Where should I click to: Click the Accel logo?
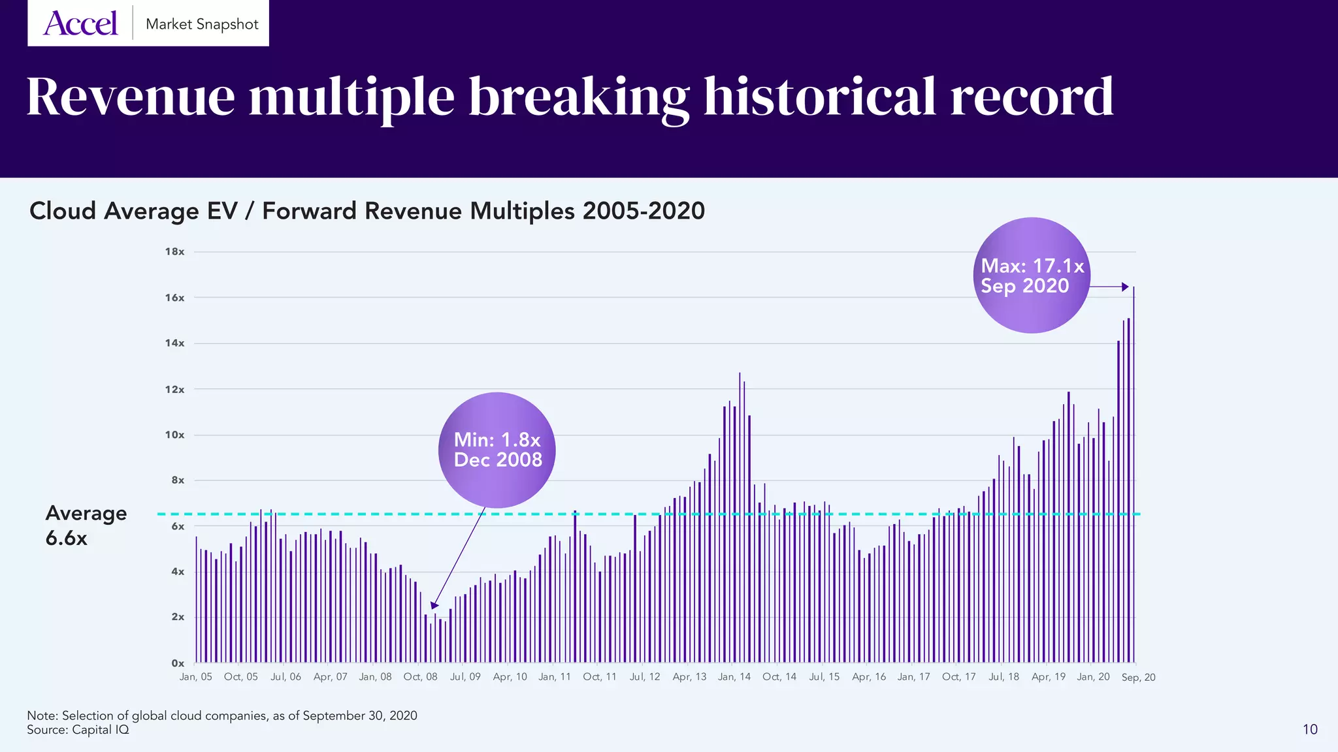tap(80, 24)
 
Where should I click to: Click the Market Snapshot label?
tap(202, 24)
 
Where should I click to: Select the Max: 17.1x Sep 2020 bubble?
tap(1032, 275)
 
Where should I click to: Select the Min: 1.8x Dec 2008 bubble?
tap(497, 450)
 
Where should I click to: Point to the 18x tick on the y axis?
tap(174, 252)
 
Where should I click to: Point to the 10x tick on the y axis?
tap(174, 435)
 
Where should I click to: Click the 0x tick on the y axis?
tap(178, 663)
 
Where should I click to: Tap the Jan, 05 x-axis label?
tap(195, 677)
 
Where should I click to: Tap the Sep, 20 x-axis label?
tap(1138, 678)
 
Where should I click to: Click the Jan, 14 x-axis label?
tap(734, 677)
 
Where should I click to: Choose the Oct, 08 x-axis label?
tap(420, 677)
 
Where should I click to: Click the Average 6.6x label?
tap(86, 525)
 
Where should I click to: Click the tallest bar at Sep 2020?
tap(1134, 477)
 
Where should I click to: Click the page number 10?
tap(1310, 729)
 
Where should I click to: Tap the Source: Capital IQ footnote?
tap(78, 730)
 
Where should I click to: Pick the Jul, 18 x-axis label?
tap(1003, 677)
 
